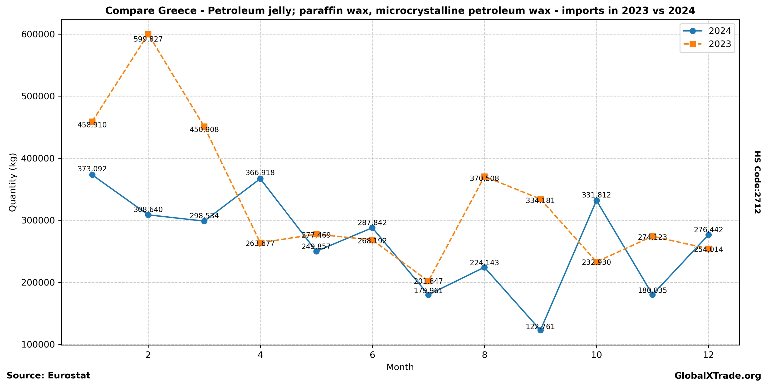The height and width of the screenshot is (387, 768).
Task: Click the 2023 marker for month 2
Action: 148,34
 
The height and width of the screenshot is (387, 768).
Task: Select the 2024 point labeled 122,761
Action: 540,330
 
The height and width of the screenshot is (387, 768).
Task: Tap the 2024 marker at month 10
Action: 596,201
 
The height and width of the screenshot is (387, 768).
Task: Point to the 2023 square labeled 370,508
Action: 484,177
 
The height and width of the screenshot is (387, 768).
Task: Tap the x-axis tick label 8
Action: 484,355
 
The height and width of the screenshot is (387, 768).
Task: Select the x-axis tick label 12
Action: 708,355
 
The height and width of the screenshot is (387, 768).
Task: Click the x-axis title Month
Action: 400,367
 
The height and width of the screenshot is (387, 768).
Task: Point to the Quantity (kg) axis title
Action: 13,182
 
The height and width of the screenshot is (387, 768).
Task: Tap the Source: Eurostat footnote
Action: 48,375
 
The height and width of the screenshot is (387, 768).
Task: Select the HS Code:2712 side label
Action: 757,182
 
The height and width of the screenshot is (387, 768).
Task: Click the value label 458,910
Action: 92,125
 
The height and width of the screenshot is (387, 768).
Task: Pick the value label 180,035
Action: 652,290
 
